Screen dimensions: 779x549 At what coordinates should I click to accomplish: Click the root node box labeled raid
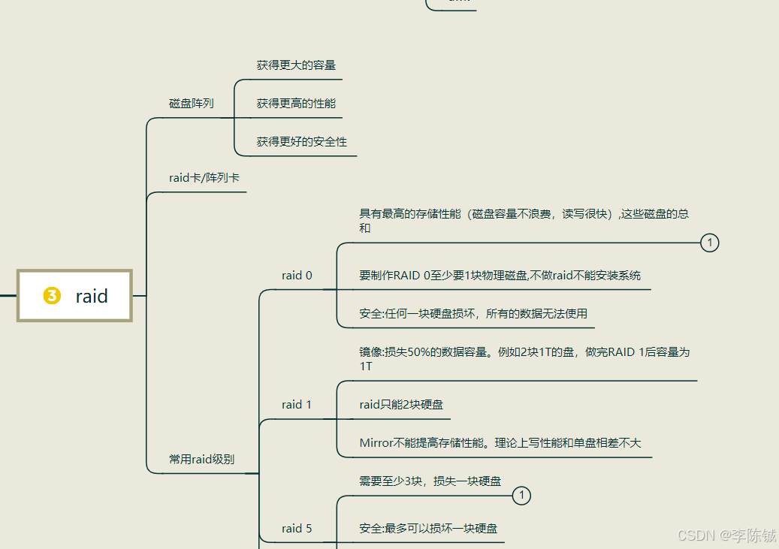pyautogui.click(x=74, y=296)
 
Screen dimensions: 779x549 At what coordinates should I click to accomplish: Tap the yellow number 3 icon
pyautogui.click(x=52, y=296)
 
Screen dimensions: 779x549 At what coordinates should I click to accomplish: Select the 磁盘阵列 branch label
pyautogui.click(x=191, y=104)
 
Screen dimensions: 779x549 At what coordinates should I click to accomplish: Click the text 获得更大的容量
pyautogui.click(x=296, y=65)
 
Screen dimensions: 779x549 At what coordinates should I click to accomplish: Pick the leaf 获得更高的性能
pyautogui.click(x=296, y=104)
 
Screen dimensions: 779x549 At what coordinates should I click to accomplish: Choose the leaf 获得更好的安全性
pyautogui.click(x=301, y=142)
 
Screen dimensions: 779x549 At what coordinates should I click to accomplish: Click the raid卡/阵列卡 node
pyautogui.click(x=204, y=178)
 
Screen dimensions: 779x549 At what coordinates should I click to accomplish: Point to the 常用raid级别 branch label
pyautogui.click(x=201, y=459)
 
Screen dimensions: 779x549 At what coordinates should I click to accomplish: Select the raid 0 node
pyautogui.click(x=297, y=276)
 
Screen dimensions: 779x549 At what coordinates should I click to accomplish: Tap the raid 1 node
pyautogui.click(x=297, y=405)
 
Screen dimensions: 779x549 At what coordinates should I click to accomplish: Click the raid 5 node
pyautogui.click(x=297, y=529)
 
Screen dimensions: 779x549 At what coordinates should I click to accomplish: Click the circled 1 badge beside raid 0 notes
pyautogui.click(x=709, y=243)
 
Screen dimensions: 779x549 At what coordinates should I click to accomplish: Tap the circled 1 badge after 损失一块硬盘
pyautogui.click(x=521, y=496)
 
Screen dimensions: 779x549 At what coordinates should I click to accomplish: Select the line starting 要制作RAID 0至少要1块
pyautogui.click(x=500, y=276)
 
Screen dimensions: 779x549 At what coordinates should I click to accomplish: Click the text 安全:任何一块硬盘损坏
pyautogui.click(x=473, y=314)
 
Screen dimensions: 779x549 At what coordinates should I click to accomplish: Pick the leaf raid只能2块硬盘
pyautogui.click(x=401, y=405)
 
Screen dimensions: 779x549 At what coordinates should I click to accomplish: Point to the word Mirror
pyautogui.click(x=376, y=443)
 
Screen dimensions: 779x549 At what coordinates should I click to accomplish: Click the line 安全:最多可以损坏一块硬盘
pyautogui.click(x=428, y=529)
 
